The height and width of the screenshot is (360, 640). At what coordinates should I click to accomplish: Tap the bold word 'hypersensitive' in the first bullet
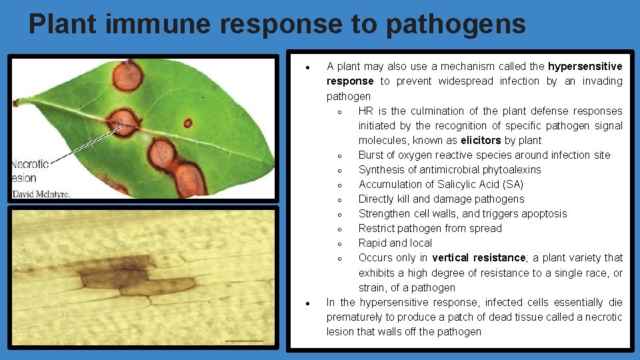point(585,66)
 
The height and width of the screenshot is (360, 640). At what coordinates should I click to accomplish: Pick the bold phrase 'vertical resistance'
point(479,257)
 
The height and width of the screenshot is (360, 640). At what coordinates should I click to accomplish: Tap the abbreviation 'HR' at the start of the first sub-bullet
point(366,111)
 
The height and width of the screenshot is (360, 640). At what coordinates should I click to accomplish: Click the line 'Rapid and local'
point(395,243)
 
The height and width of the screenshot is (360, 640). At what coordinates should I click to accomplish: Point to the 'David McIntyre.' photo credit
point(41,194)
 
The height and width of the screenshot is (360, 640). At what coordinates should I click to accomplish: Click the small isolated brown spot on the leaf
point(188,123)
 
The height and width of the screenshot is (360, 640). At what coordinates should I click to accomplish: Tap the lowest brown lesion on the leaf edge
point(189,179)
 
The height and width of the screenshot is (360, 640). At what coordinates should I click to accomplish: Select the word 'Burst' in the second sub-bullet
point(372,155)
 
